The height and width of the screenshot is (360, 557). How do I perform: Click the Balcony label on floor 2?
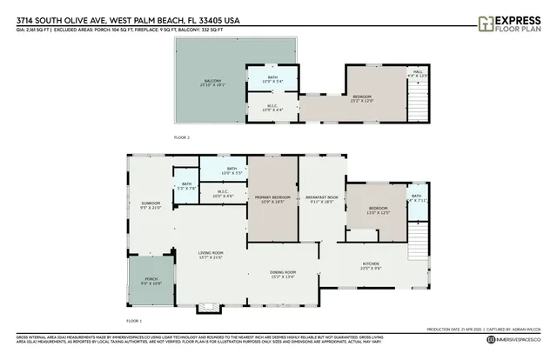[208, 83]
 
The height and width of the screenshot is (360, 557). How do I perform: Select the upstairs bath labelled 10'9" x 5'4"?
[272, 80]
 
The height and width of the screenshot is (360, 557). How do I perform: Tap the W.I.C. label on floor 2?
[272, 107]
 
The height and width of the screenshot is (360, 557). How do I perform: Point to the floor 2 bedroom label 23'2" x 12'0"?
[362, 98]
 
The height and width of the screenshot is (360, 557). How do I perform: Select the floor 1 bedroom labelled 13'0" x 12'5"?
[377, 210]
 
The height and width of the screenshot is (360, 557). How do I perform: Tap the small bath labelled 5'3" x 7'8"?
[185, 185]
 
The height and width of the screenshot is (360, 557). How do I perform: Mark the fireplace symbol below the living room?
[208, 307]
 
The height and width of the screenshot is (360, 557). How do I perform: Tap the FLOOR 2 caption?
[181, 137]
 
